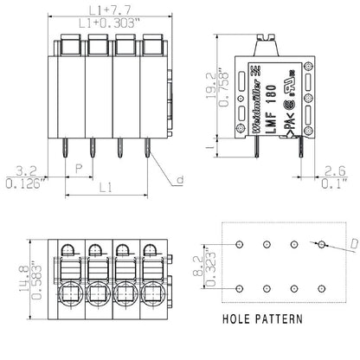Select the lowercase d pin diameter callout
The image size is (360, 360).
tap(180, 181)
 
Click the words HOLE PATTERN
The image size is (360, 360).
tap(262, 318)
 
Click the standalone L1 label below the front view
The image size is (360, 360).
tap(105, 185)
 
